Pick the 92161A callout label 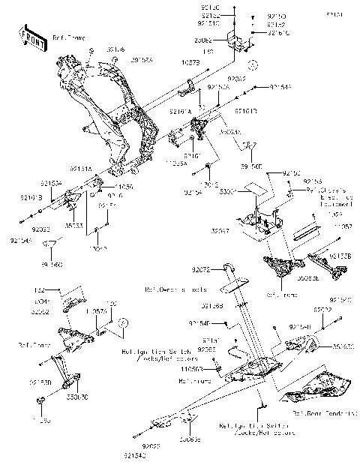(x=180, y=111)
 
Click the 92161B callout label (x=247, y=111)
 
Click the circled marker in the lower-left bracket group (x=124, y=323)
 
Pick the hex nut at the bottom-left (x=38, y=405)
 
